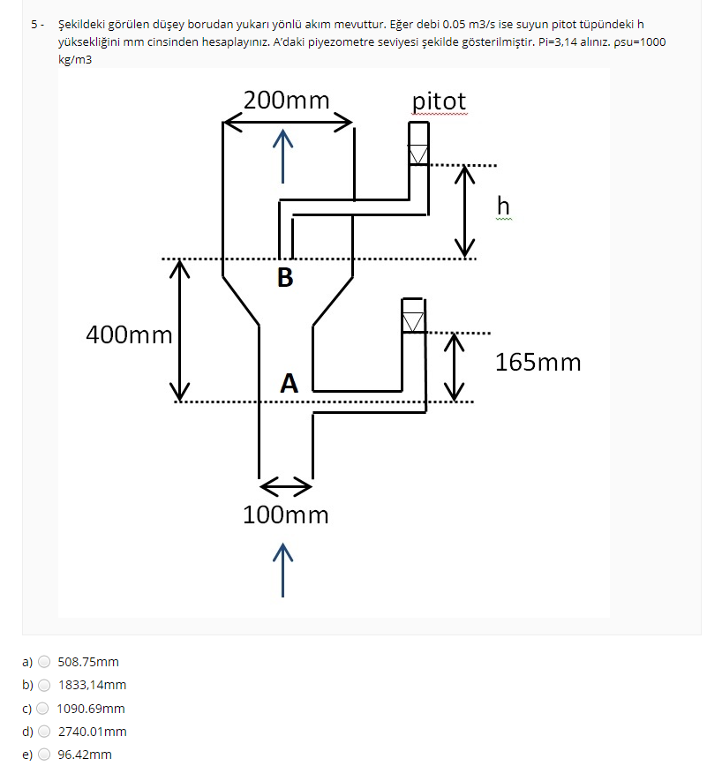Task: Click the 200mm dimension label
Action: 286,101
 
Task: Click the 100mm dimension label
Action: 286,515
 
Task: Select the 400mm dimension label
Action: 129,334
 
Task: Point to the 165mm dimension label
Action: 538,362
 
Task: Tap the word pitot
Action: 439,101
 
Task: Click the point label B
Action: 284,278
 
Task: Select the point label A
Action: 289,384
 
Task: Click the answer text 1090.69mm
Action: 91,709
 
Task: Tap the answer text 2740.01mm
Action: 93,732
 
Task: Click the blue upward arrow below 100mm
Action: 282,570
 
